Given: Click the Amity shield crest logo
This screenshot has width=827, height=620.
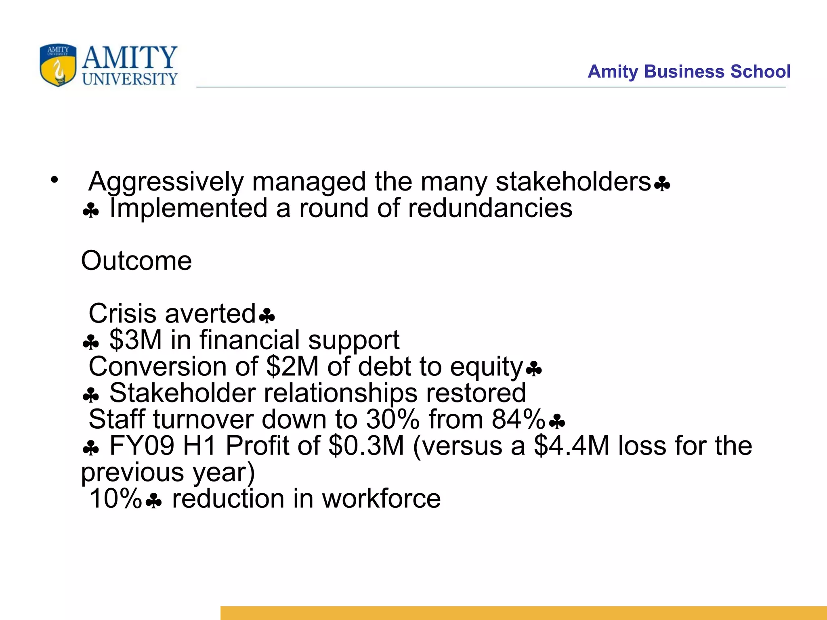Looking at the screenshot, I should click(58, 65).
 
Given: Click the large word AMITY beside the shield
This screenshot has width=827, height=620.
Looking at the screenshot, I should click(130, 58).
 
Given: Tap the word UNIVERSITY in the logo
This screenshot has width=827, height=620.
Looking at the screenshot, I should click(130, 79).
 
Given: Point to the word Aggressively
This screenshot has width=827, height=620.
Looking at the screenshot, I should click(166, 182).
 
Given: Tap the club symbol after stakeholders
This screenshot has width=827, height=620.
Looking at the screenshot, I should click(662, 184).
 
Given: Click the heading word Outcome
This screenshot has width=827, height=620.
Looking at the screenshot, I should click(136, 261).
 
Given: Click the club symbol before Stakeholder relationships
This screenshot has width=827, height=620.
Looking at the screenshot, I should click(90, 396).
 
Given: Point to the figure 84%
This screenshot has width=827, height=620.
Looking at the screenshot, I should click(518, 419).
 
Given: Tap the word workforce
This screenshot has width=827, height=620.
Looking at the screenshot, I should click(381, 499).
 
